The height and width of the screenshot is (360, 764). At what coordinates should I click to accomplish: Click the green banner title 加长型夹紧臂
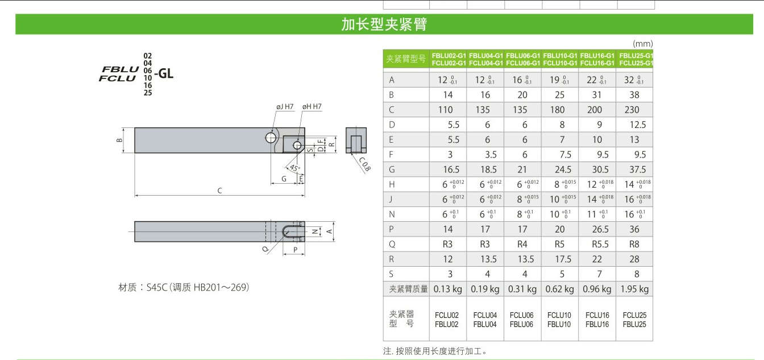(384, 24)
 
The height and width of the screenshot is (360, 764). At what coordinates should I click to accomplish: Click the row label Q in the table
(392, 245)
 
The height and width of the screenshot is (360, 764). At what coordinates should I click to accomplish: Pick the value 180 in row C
(557, 110)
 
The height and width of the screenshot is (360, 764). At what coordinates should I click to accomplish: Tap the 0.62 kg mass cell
(560, 289)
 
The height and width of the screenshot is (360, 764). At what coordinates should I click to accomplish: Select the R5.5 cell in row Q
(600, 245)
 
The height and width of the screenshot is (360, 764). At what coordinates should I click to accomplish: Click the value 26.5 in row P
(600, 229)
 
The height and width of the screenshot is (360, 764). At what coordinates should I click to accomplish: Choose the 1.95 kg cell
(634, 289)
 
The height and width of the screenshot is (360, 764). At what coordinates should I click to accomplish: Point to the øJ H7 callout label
(285, 106)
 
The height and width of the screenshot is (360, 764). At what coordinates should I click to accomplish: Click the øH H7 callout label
(312, 106)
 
